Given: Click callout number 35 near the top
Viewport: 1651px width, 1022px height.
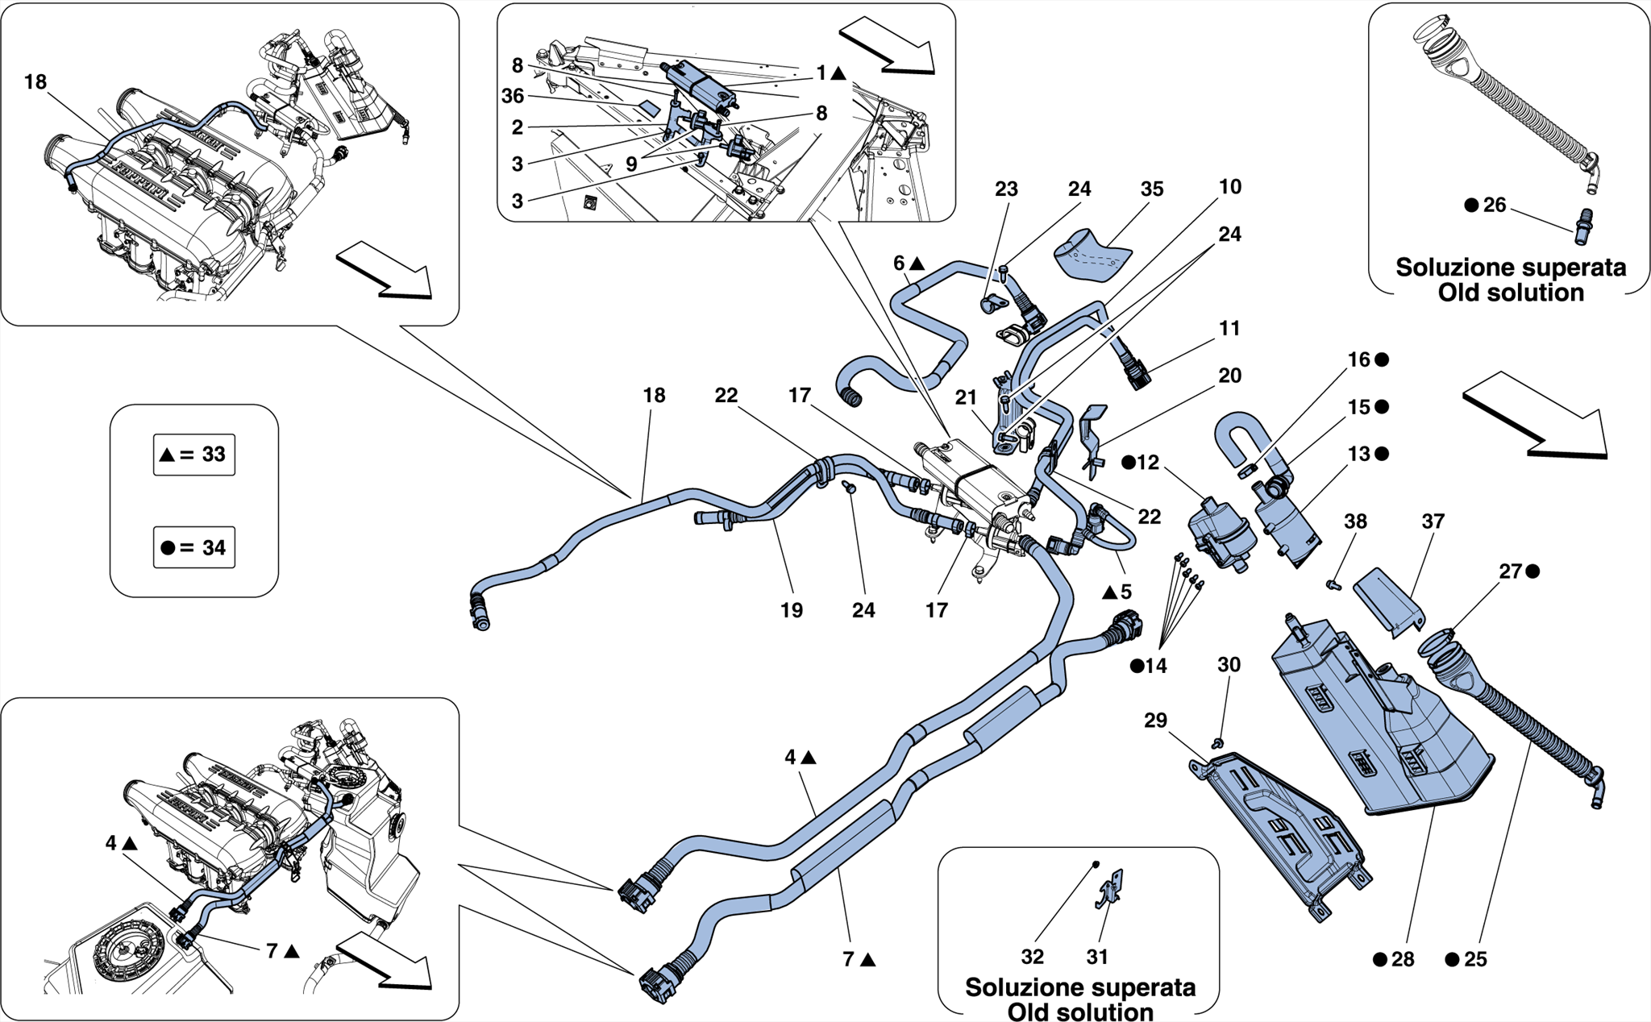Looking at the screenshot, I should (x=1151, y=189).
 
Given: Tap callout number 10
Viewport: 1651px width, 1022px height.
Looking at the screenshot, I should (x=1229, y=187).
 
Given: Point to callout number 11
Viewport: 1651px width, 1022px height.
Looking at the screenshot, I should (x=1229, y=329).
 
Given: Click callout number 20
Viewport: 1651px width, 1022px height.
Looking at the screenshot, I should (x=1229, y=376).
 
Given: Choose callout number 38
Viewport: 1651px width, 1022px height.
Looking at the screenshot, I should (x=1355, y=522).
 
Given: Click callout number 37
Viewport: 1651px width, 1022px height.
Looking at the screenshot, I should (x=1433, y=522).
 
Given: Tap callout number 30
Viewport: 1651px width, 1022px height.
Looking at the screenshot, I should (x=1229, y=665).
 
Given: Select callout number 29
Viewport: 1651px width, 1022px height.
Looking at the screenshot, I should (x=1155, y=721).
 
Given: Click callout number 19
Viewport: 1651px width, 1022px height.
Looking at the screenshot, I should (x=792, y=611).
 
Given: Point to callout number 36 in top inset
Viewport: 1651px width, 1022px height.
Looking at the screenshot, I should (x=513, y=97).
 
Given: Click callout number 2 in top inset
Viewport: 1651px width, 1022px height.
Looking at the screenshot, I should (x=518, y=127).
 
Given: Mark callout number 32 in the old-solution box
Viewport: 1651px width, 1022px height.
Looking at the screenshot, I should (x=1032, y=957).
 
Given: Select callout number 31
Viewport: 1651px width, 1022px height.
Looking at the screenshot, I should (x=1097, y=957).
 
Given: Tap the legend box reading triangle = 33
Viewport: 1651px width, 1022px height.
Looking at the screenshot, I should (x=194, y=455).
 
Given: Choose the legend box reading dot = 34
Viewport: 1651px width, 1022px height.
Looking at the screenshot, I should (x=194, y=548).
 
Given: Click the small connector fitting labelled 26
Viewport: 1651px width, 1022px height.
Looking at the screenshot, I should (x=1583, y=227).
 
